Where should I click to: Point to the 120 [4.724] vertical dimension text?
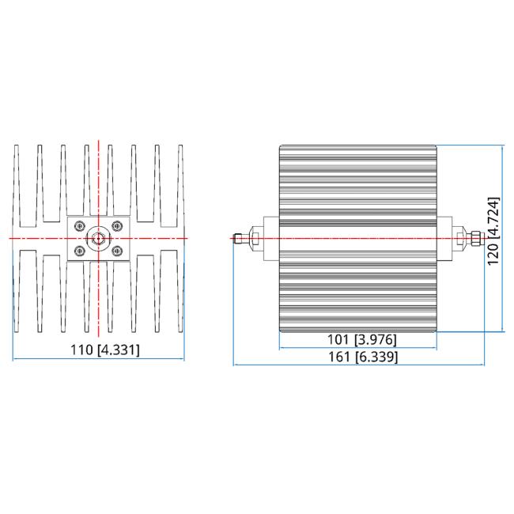[493, 231]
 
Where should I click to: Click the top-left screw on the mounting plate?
[80, 225]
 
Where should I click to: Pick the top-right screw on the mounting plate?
[116, 225]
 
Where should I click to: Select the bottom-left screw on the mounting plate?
[80, 251]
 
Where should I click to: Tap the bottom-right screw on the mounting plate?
[116, 251]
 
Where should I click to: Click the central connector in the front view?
[98, 237]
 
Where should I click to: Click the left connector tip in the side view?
[237, 237]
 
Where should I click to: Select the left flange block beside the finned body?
[268, 237]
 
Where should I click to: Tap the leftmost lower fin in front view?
[20, 293]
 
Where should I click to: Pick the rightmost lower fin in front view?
[178, 293]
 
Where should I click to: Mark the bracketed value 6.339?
[376, 357]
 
